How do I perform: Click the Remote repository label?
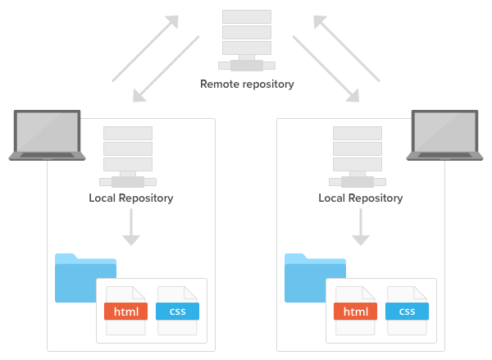[x=247, y=84]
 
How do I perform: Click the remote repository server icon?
[x=247, y=40]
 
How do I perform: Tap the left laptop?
[x=47, y=134]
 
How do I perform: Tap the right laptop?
[x=445, y=134]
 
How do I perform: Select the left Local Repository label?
[x=131, y=198]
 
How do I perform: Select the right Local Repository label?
[x=361, y=198]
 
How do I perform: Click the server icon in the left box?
[x=127, y=156]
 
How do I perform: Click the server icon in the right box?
[x=357, y=156]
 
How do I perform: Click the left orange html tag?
[x=125, y=312]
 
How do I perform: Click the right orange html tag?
[x=355, y=312]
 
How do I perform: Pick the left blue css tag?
[x=178, y=312]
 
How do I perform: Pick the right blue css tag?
[x=408, y=312]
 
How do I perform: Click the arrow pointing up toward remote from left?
[x=145, y=48]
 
